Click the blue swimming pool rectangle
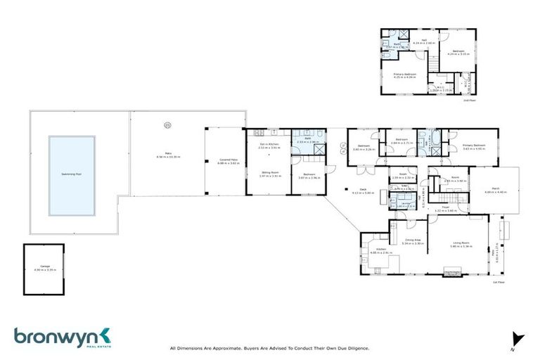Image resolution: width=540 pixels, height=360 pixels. click(x=72, y=175)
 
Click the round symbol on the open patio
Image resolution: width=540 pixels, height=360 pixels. click(x=167, y=127)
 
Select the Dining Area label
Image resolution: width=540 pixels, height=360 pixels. click(x=413, y=240)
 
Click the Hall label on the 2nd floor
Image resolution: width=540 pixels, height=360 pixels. click(x=424, y=41)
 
